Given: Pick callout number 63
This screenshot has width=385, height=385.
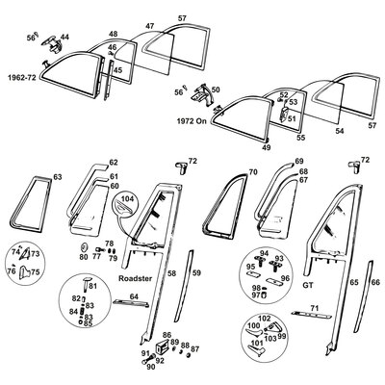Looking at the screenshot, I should click(57, 178).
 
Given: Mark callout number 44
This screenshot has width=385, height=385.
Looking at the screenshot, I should click(64, 38).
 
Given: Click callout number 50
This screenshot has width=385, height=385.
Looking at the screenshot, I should click(216, 89).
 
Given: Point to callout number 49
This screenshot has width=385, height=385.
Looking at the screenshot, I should click(267, 150).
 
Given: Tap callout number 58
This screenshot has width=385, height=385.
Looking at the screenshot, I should click(172, 274).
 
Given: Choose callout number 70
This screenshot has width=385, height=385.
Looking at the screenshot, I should click(253, 171).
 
